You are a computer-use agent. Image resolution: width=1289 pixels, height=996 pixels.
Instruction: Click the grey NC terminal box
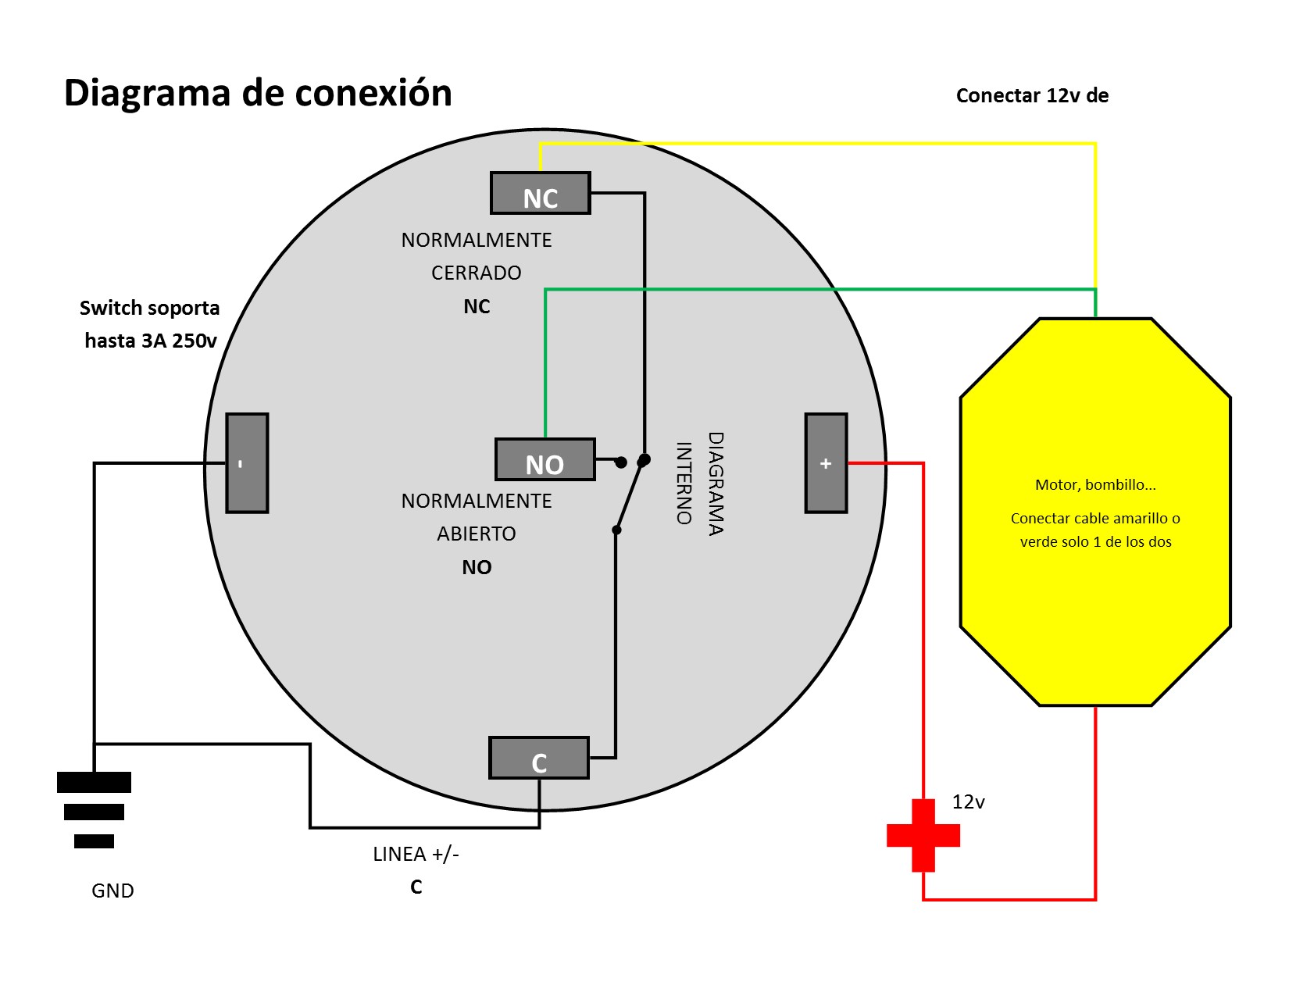540,194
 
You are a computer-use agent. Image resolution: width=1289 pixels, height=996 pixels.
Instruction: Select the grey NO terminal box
545,460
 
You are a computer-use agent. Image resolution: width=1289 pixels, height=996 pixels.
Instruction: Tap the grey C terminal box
538,759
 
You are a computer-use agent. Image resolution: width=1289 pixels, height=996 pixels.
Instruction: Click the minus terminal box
247,463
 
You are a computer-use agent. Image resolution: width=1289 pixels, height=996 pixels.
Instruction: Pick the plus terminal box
826,463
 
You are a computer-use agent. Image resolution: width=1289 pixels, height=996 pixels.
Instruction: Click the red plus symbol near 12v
923,835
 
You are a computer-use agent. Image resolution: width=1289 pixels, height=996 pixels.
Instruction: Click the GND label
112,891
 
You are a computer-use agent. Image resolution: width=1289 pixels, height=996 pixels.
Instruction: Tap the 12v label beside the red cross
968,802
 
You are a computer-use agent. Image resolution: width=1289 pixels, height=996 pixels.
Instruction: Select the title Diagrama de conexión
258,93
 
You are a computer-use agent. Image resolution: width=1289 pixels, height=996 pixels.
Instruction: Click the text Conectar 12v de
1032,96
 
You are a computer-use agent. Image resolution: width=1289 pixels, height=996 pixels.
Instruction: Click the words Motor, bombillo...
1094,485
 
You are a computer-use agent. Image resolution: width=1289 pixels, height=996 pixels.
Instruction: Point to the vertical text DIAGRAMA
716,484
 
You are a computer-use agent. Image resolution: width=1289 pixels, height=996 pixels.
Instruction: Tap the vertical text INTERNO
684,483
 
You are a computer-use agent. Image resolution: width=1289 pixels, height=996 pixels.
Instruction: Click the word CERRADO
476,273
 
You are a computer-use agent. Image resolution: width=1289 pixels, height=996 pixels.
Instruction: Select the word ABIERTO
476,534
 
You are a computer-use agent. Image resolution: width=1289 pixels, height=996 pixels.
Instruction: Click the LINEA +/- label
416,855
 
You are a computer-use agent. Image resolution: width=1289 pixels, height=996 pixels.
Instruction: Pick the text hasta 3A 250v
151,341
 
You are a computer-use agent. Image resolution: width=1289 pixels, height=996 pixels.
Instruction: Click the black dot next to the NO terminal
621,462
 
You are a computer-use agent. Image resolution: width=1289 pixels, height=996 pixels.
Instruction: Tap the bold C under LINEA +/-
416,887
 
